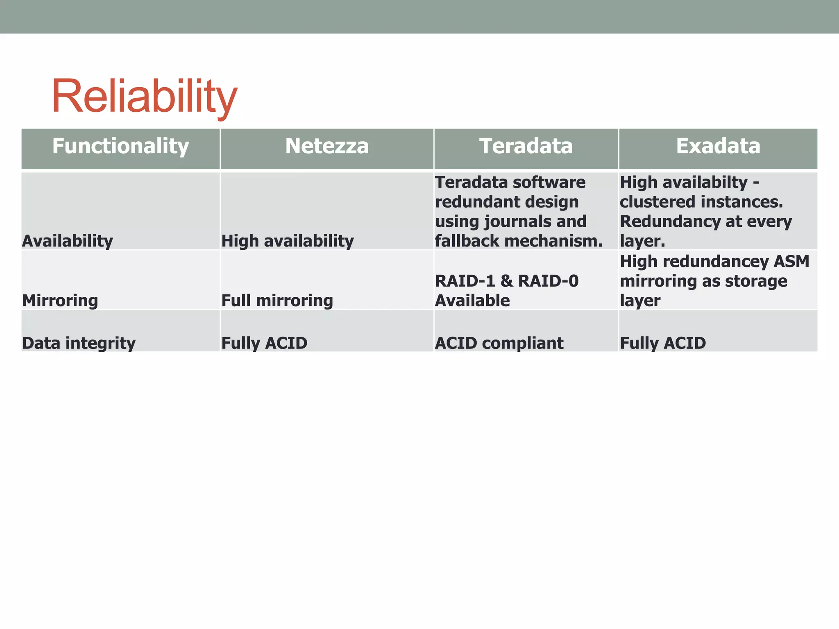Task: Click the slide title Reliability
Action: [x=144, y=97]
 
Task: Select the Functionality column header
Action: [x=120, y=146]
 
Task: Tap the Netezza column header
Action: [x=327, y=146]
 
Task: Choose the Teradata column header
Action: [x=526, y=146]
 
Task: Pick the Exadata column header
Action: [x=718, y=146]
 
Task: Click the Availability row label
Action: [x=68, y=241]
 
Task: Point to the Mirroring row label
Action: [x=60, y=301]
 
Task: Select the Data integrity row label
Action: [x=79, y=343]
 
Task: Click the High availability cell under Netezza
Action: [x=288, y=241]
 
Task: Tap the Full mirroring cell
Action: [x=277, y=301]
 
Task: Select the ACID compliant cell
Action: [x=499, y=343]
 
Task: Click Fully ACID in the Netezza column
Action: [x=264, y=343]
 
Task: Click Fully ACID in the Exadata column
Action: [x=663, y=343]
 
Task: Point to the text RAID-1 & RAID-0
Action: [x=507, y=281]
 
